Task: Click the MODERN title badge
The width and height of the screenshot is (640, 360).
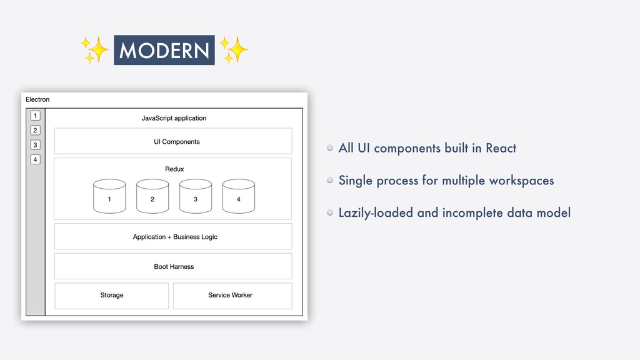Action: click(164, 50)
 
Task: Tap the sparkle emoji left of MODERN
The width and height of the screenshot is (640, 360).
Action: click(94, 50)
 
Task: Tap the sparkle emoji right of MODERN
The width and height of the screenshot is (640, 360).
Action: click(234, 50)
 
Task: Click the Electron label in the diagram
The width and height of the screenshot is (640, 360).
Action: click(37, 99)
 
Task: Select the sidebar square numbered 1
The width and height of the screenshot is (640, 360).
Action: click(36, 116)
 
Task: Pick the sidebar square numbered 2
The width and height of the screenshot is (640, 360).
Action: click(36, 130)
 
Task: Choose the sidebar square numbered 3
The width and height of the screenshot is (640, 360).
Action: click(36, 145)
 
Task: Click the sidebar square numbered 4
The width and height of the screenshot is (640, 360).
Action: click(36, 159)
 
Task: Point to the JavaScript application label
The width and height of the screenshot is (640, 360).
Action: click(174, 118)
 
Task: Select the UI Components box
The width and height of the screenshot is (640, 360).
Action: click(173, 141)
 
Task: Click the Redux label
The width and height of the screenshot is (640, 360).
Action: click(174, 169)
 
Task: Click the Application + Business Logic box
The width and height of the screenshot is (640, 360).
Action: click(173, 237)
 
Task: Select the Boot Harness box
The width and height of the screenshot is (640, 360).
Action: click(173, 266)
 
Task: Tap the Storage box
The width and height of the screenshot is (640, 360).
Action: click(112, 295)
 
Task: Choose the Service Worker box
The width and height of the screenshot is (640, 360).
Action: click(232, 295)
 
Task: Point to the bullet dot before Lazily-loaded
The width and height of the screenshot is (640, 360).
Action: click(329, 212)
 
